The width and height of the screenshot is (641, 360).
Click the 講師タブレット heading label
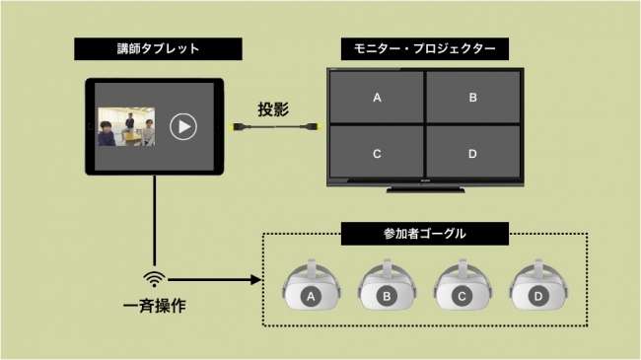(158, 48)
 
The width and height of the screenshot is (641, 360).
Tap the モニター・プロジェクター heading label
(425, 48)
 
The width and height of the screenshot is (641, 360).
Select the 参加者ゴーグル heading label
(425, 234)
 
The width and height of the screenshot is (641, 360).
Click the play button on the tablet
(183, 127)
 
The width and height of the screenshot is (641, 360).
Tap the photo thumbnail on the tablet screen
(126, 126)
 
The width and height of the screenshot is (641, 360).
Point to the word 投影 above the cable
(273, 109)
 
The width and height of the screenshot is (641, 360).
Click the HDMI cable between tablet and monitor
(275, 127)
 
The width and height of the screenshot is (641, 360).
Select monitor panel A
(377, 97)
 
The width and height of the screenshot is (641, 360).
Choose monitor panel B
(473, 97)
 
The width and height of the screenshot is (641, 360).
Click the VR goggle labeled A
(311, 285)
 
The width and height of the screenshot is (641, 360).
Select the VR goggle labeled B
(387, 285)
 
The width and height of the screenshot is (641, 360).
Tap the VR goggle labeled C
(463, 285)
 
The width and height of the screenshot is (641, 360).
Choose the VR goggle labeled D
(538, 285)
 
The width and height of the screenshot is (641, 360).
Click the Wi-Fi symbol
(154, 279)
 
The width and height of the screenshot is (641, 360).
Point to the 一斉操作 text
(155, 306)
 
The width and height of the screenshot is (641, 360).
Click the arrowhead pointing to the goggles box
(256, 280)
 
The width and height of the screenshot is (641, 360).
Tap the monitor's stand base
(426, 189)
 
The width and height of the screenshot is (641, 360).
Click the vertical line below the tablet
(155, 221)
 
